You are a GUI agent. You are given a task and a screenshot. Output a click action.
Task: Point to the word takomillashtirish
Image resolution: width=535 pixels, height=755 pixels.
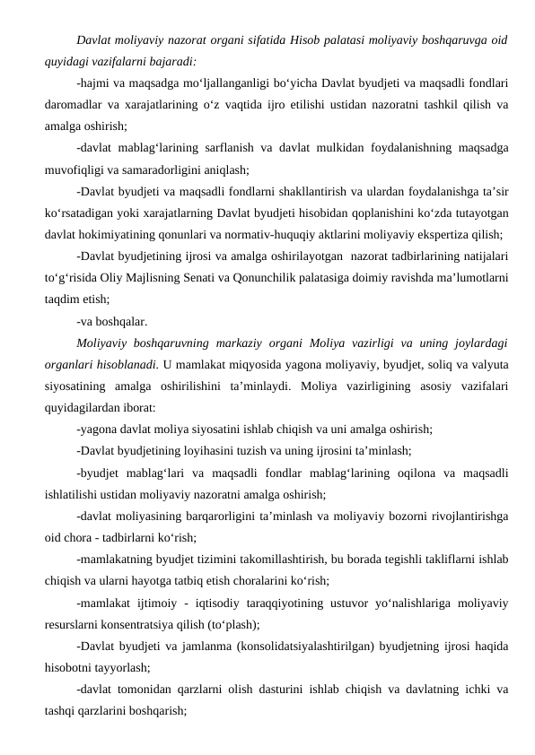point(273,557)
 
